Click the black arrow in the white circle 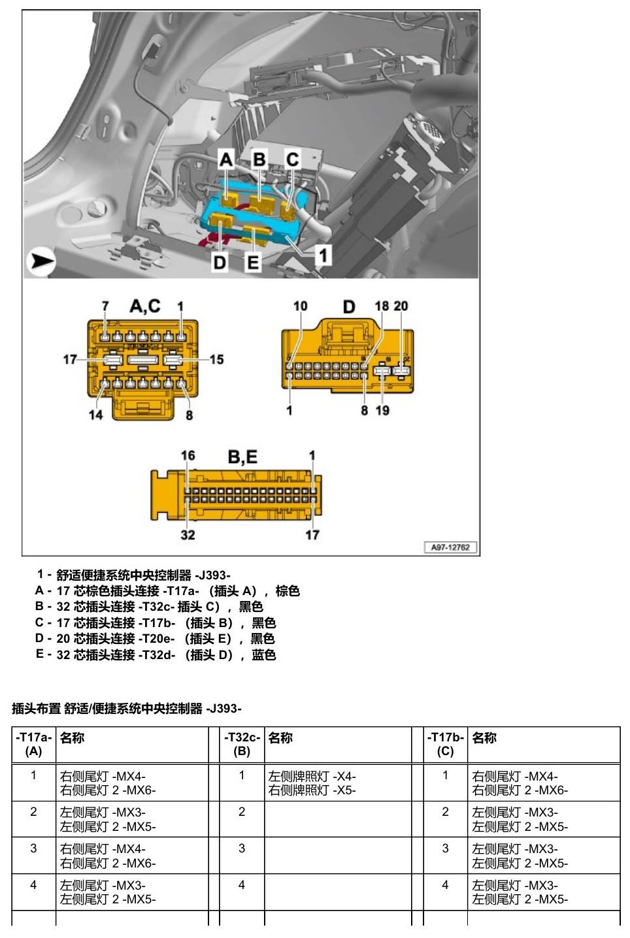(x=42, y=261)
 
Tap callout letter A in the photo (x=226, y=159)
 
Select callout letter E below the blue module (x=253, y=263)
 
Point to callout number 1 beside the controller (x=323, y=255)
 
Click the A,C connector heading (x=145, y=306)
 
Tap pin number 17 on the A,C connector (x=70, y=359)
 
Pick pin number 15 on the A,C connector (x=216, y=359)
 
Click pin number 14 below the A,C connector (x=95, y=415)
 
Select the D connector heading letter (x=349, y=307)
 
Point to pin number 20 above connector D (x=401, y=306)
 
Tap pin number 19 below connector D (x=382, y=410)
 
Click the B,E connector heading (x=242, y=457)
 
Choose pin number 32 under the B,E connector (x=188, y=535)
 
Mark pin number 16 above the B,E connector (x=188, y=455)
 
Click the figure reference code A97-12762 (x=450, y=547)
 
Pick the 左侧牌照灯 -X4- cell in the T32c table (x=312, y=777)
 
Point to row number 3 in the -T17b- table (x=445, y=849)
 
